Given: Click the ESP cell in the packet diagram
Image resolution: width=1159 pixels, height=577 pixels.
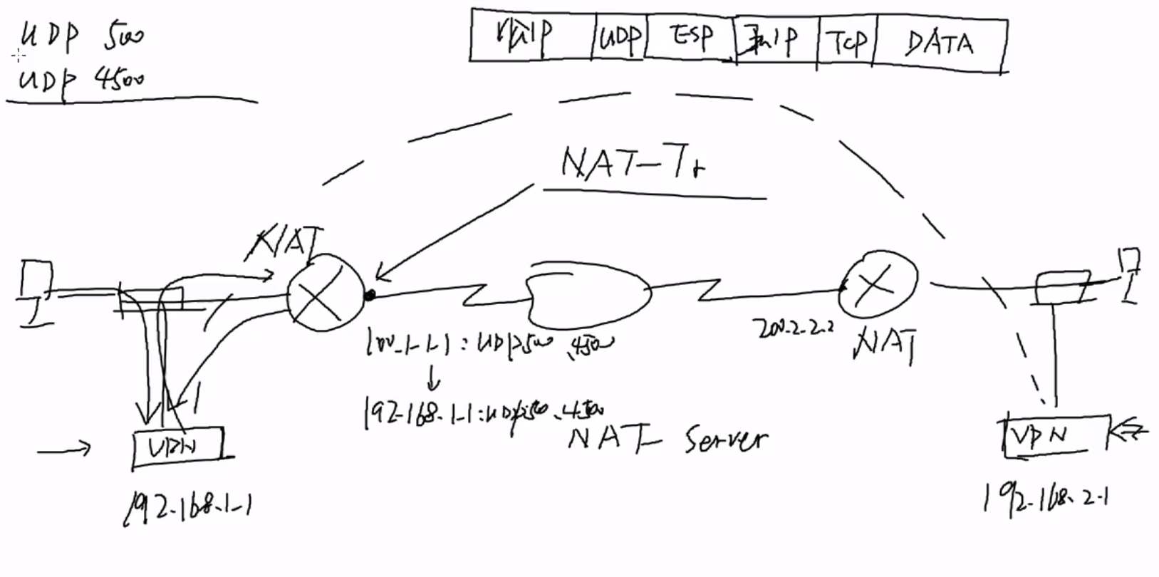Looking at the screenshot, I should click(x=690, y=36).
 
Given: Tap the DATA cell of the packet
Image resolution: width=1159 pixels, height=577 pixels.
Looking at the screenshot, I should click(x=940, y=43).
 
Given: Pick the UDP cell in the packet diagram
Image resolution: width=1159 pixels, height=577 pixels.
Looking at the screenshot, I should click(x=619, y=36).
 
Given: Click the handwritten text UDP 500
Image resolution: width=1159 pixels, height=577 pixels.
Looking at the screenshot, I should click(x=81, y=36).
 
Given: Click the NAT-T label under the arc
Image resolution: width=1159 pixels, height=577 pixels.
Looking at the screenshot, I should click(x=633, y=165).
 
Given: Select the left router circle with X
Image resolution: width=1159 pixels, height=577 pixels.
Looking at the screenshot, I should click(x=324, y=293).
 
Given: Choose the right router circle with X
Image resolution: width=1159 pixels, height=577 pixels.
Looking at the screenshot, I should click(x=877, y=284).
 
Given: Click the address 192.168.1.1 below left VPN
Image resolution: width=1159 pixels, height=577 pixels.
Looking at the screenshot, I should click(x=189, y=508).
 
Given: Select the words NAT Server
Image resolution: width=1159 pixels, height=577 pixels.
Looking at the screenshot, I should click(x=667, y=439).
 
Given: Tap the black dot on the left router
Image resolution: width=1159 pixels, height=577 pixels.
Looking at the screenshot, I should click(x=369, y=295).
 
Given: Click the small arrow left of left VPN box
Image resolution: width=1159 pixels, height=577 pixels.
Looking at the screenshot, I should click(x=64, y=449).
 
